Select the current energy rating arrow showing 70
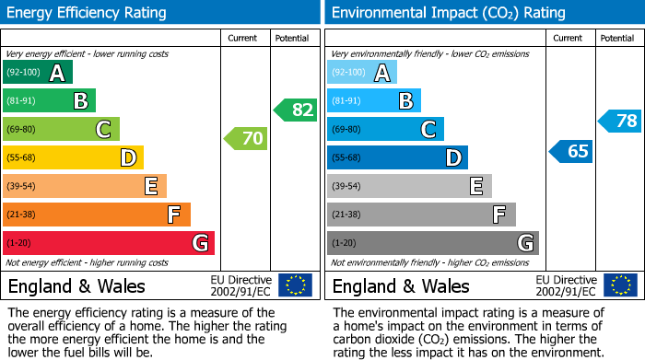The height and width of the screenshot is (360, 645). tap(246, 139)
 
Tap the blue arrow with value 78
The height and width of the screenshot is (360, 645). tap(620, 121)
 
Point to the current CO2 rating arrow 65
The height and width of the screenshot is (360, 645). tap(571, 151)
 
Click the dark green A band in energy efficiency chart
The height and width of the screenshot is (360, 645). tap(38, 73)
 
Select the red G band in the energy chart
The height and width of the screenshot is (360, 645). tap(109, 243)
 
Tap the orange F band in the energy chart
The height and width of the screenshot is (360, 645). tap(97, 215)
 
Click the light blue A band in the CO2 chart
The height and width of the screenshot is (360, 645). tap(362, 73)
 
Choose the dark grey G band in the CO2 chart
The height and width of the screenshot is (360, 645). tap(433, 243)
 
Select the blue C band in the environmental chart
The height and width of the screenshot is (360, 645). tap(385, 129)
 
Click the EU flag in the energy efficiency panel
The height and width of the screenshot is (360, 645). tap(295, 285)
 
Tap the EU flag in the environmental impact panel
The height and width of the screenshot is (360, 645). tap(619, 285)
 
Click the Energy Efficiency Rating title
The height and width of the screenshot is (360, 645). tap(88, 13)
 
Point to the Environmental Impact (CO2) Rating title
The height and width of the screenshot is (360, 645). tap(448, 13)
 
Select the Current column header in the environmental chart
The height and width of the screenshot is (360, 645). tap(569, 38)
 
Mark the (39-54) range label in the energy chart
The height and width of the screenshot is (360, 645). tap(21, 186)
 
